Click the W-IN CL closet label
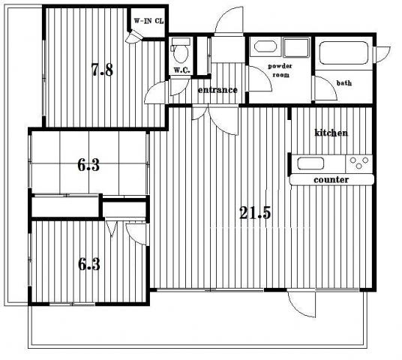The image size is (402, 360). tap(148, 21)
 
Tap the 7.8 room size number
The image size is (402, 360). tap(102, 70)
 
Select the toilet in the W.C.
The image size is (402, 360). tap(181, 51)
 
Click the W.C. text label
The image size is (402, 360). tap(181, 70)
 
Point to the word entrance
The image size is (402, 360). tap(217, 90)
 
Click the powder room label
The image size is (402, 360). tap(280, 70)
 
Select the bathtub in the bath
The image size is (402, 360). tap(343, 53)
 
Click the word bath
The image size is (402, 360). tap(344, 83)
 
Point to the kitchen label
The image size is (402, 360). tap(331, 133)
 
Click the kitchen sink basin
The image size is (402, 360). tap(310, 163)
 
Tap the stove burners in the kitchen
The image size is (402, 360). tap(359, 163)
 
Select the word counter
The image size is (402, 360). tap(331, 180)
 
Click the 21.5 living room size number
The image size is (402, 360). tap(255, 212)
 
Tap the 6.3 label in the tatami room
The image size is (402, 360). tap(88, 165)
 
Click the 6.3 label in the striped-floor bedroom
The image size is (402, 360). tap(89, 264)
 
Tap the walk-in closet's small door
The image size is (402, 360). tap(134, 37)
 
